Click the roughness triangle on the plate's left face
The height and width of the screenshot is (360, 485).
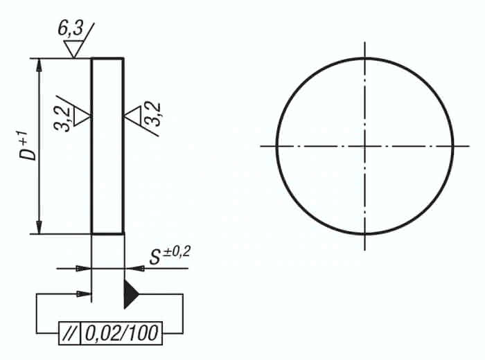click(83, 116)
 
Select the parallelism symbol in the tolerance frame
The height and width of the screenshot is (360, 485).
click(70, 334)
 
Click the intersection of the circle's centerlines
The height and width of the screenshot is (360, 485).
click(364, 146)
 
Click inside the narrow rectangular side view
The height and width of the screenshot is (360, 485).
click(108, 146)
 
